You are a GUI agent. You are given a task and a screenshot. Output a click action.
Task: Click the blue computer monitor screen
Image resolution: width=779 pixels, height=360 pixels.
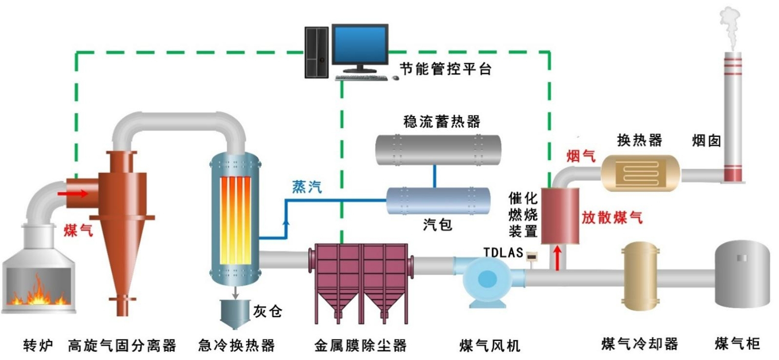click(x=360, y=44)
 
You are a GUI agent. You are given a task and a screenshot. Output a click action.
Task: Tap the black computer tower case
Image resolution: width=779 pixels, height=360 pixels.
click(x=316, y=52)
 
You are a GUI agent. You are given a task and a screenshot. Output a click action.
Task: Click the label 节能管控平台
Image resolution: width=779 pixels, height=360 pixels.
click(x=445, y=69)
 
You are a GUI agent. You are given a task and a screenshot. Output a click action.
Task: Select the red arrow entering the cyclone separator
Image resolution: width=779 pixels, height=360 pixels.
click(x=73, y=194)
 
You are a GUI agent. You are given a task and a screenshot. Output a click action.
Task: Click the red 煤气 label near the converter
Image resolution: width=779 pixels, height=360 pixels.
click(x=78, y=229)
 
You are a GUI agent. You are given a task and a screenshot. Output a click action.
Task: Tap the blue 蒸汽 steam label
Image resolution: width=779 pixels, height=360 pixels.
click(x=307, y=187)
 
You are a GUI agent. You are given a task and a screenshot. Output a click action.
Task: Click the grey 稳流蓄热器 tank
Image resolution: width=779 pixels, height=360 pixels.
click(x=438, y=150)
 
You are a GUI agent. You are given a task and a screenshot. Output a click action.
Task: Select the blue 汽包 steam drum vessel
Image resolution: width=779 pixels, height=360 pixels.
click(x=438, y=200)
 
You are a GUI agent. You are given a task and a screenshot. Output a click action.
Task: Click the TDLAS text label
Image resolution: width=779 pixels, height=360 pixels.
click(x=503, y=252)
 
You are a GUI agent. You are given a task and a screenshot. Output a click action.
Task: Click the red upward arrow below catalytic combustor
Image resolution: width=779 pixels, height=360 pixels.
click(x=558, y=258)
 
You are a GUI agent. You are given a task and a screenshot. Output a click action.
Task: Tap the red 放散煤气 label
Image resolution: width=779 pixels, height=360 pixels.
click(x=612, y=217)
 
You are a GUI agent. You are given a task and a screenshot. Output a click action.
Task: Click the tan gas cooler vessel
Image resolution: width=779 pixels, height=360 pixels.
click(x=641, y=277)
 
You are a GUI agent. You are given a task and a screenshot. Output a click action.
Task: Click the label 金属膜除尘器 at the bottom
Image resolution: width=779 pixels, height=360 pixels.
click(x=360, y=345)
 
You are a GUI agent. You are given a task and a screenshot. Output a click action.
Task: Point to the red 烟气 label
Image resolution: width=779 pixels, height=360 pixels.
click(x=580, y=156)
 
